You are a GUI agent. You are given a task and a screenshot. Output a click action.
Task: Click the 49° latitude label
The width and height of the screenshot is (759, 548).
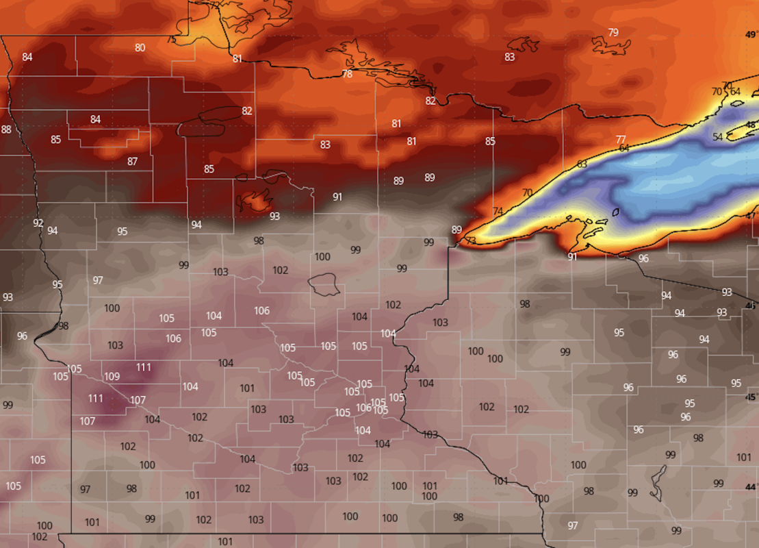[751, 34]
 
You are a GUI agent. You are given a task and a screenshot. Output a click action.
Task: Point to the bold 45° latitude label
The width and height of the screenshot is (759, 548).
[751, 397]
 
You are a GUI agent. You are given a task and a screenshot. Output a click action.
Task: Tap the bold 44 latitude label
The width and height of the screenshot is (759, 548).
[751, 487]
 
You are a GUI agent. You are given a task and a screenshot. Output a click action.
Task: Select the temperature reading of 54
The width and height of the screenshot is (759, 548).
[717, 137]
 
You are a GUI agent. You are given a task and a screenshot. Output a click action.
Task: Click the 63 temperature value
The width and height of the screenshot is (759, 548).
[582, 164]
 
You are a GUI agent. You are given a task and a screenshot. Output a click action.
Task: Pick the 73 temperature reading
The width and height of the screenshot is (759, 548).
[471, 241]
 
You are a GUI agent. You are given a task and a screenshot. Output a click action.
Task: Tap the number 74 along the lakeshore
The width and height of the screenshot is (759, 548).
[498, 211]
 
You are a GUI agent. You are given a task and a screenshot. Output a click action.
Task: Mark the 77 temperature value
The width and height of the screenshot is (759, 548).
[621, 140]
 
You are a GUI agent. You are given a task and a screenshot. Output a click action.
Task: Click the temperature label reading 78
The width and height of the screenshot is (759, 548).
[347, 74]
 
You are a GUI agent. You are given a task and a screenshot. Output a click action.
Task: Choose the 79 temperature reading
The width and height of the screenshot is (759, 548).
[613, 32]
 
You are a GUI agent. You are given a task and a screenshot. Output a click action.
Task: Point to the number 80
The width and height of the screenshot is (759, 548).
[140, 47]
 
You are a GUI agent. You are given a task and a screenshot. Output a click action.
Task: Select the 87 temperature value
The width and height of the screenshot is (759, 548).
[132, 162]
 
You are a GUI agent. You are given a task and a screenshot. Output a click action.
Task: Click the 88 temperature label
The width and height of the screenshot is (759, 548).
[6, 129]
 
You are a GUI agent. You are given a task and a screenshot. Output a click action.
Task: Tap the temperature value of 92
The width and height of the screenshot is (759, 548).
[38, 223]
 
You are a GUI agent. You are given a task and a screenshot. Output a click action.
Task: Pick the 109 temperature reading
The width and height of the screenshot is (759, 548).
[112, 377]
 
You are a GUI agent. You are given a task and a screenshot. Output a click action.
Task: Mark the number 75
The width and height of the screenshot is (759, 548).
[171, 40]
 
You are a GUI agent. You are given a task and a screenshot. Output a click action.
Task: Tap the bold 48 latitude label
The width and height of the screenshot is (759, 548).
[751, 125]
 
